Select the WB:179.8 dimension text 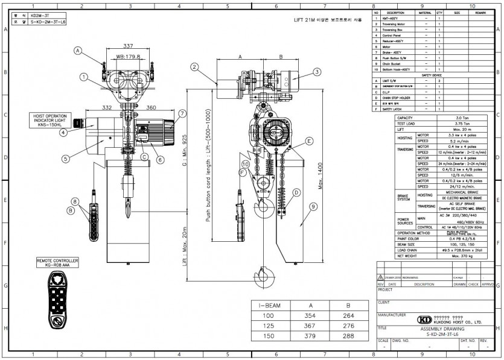pos(128,57)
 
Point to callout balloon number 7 pos(182,113)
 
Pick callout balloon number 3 pos(316,71)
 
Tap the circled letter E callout pos(308,141)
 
